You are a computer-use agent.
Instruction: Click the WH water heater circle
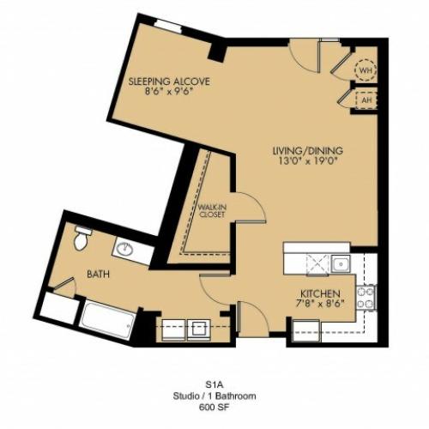pyautogui.click(x=366, y=69)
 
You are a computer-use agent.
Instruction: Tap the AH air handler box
pyautogui.click(x=366, y=100)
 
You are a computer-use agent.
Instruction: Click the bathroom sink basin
pyautogui.click(x=125, y=250)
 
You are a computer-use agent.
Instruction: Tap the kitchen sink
pyautogui.click(x=341, y=263)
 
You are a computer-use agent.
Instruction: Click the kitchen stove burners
pyautogui.click(x=366, y=298)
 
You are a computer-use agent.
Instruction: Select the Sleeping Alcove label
pyautogui.click(x=169, y=82)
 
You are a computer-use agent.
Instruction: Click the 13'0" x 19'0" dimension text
pyautogui.click(x=307, y=161)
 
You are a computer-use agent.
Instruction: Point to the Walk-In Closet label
pyautogui.click(x=212, y=210)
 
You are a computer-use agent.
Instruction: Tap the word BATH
pyautogui.click(x=98, y=275)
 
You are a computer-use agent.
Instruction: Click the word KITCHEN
pyautogui.click(x=320, y=293)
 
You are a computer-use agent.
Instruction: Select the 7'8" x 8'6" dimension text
pyautogui.click(x=320, y=303)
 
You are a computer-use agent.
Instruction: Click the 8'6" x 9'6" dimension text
pyautogui.click(x=167, y=92)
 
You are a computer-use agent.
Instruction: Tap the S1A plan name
pyautogui.click(x=214, y=384)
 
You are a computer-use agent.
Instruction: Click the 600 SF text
pyautogui.click(x=214, y=408)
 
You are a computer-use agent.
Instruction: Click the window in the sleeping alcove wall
pyautogui.click(x=167, y=26)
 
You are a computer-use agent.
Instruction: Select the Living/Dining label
pyautogui.click(x=308, y=150)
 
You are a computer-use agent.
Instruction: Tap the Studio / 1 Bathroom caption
pyautogui.click(x=214, y=396)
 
